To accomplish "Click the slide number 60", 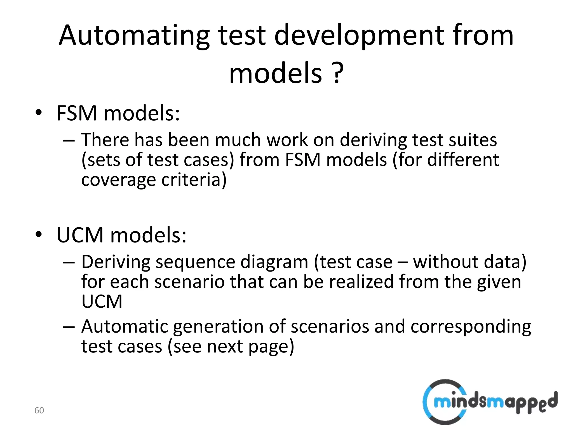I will (39, 410).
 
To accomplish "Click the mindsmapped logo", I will (489, 402).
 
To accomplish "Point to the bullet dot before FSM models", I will (39, 113).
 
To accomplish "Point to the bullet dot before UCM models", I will (39, 235).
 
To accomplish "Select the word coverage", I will (118, 179).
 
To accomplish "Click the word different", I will (463, 160).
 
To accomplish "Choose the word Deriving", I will (116, 262).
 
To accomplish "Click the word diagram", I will (274, 262).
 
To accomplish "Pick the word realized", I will (361, 282).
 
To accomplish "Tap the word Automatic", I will (125, 326).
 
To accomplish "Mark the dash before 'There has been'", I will (69, 140).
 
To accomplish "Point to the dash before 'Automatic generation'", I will (69, 326).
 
